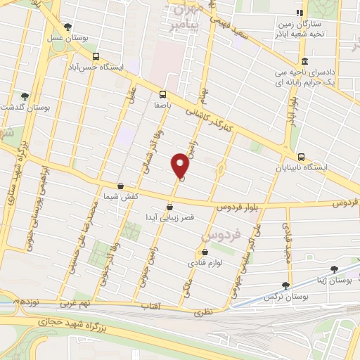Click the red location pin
point(181,165)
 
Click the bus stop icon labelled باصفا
point(162,94)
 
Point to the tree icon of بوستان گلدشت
point(25,96)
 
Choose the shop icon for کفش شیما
point(121,186)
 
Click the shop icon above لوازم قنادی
point(205,251)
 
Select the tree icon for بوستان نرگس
point(285,285)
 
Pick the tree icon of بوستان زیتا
point(334,269)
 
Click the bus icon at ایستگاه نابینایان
point(301,157)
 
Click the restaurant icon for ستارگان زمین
point(300,13)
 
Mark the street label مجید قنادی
point(288,239)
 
